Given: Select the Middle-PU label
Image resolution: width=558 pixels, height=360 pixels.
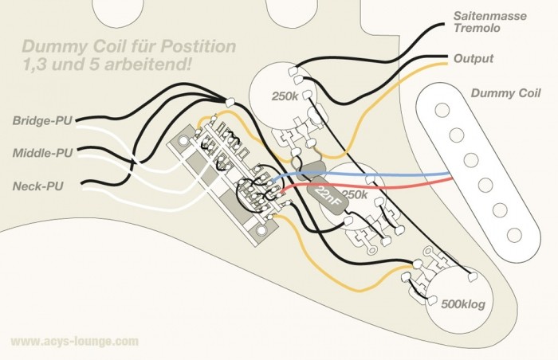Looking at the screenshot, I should click(41, 153).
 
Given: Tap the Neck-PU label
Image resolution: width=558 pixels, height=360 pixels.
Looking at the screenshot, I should click(38, 186).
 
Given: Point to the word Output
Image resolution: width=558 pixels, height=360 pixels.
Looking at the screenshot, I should click(473, 59).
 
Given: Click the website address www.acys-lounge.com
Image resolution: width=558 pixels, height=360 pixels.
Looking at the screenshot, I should click(74, 341).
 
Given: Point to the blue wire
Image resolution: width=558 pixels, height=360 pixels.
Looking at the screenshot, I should click(399, 174).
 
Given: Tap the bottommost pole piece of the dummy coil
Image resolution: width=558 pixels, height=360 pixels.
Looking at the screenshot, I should click(514, 235).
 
